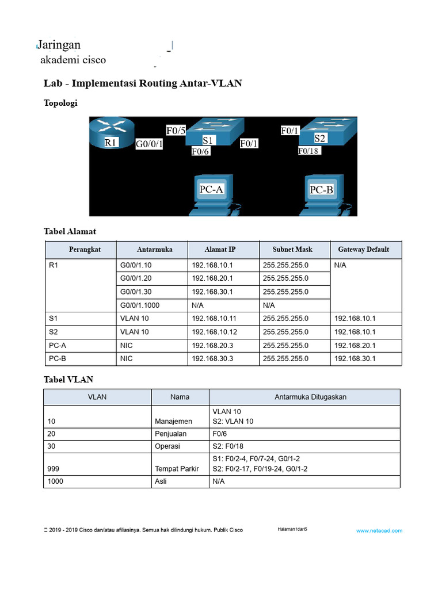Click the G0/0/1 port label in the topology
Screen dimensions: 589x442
pyautogui.click(x=149, y=144)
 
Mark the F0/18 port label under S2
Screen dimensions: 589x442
pyautogui.click(x=308, y=151)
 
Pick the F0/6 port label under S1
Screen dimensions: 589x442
pyautogui.click(x=201, y=152)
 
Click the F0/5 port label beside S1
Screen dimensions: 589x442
pyautogui.click(x=176, y=131)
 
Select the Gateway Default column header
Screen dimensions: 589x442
pyautogui.click(x=365, y=250)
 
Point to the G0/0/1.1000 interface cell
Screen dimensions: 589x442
pyautogui.click(x=140, y=305)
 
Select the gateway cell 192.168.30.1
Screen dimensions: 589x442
pyautogui.click(x=355, y=358)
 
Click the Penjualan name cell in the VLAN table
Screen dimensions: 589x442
pyautogui.click(x=171, y=434)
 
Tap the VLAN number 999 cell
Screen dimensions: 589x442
pyautogui.click(x=54, y=469)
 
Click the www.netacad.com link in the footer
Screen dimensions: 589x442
pyautogui.click(x=379, y=531)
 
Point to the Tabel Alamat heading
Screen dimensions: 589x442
pyautogui.click(x=70, y=231)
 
